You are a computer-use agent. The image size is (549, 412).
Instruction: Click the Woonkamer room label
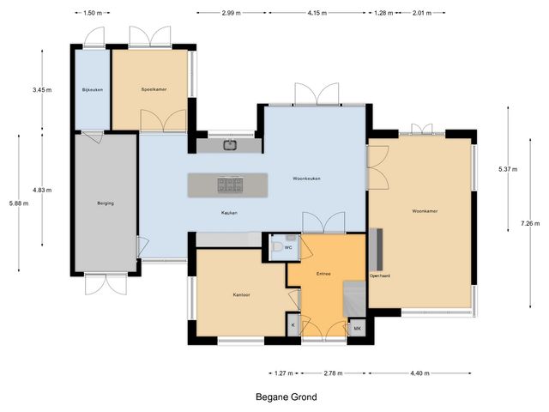click(419, 210)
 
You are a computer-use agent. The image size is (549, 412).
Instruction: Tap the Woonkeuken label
click(306, 178)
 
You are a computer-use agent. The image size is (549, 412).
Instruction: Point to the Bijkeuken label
click(91, 89)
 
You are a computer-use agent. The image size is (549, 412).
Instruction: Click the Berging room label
click(106, 203)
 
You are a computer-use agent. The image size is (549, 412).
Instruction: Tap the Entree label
click(323, 274)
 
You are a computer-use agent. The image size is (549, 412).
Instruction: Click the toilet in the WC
click(275, 245)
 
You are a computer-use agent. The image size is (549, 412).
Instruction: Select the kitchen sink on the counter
click(231, 145)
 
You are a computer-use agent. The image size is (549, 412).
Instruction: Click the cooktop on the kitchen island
click(229, 183)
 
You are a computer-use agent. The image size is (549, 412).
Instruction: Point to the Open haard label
click(379, 276)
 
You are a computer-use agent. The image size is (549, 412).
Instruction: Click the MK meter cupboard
click(356, 327)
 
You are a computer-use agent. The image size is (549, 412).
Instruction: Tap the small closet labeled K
click(293, 325)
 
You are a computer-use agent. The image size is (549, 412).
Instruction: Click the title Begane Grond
click(286, 397)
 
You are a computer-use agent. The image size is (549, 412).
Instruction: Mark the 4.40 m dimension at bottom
click(419, 374)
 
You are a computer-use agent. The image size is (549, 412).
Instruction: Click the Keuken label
click(228, 212)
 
